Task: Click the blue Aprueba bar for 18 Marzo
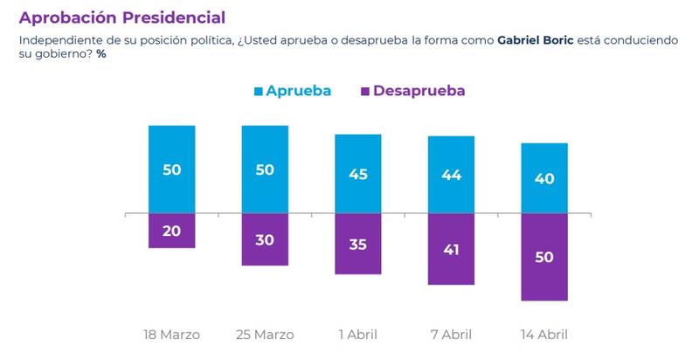[171, 170]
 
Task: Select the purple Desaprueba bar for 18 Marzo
[171, 231]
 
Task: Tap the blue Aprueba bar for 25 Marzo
[265, 170]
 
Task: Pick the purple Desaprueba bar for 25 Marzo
[265, 239]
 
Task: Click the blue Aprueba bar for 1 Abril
[358, 174]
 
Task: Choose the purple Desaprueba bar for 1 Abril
[358, 244]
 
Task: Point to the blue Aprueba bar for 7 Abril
[451, 175]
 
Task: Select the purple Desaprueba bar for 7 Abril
[451, 249]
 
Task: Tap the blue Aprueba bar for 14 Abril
[544, 178]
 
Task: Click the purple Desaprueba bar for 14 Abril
[544, 257]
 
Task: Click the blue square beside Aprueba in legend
[258, 91]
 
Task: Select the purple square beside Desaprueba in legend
[364, 91]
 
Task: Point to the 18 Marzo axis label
[171, 335]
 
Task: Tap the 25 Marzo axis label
[265, 335]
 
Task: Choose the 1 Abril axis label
[358, 335]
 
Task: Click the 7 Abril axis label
[451, 335]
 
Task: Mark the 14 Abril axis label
[544, 335]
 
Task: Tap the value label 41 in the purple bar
[451, 249]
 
